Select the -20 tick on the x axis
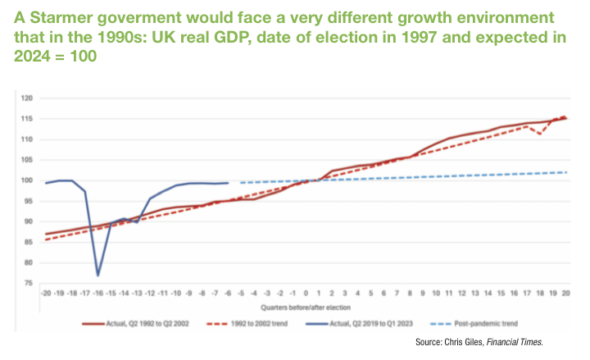(46, 292)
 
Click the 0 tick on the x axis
(306, 292)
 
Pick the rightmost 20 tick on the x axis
(565, 292)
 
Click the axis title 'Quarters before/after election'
(305, 306)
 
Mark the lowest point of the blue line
(98, 275)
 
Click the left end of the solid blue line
(46, 183)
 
